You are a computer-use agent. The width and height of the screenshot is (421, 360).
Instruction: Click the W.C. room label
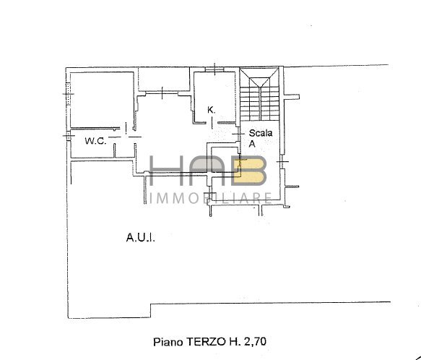click(95, 141)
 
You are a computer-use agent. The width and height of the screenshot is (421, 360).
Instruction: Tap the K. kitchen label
click(212, 110)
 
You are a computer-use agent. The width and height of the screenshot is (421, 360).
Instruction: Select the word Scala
click(261, 133)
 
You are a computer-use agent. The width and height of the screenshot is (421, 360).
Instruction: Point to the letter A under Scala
click(253, 144)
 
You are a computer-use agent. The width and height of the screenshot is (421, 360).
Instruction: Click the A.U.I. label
click(140, 236)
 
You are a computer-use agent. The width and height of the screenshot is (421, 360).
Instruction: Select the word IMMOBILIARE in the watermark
click(209, 198)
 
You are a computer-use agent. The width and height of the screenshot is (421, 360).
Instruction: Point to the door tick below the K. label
click(212, 124)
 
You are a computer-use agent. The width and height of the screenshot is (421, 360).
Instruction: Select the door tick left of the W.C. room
click(66, 136)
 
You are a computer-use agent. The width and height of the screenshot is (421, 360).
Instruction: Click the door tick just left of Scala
click(239, 134)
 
